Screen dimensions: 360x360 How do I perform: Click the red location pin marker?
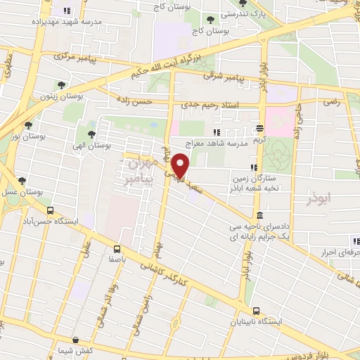[x=181, y=166]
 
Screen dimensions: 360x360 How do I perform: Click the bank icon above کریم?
[x=260, y=129]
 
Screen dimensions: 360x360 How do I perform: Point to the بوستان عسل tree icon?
[x=21, y=181]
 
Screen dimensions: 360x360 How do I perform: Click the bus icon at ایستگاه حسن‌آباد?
[x=49, y=210]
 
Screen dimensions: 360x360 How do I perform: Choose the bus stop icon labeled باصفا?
[x=117, y=248]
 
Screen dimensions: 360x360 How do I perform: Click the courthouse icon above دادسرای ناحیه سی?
[x=260, y=215]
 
